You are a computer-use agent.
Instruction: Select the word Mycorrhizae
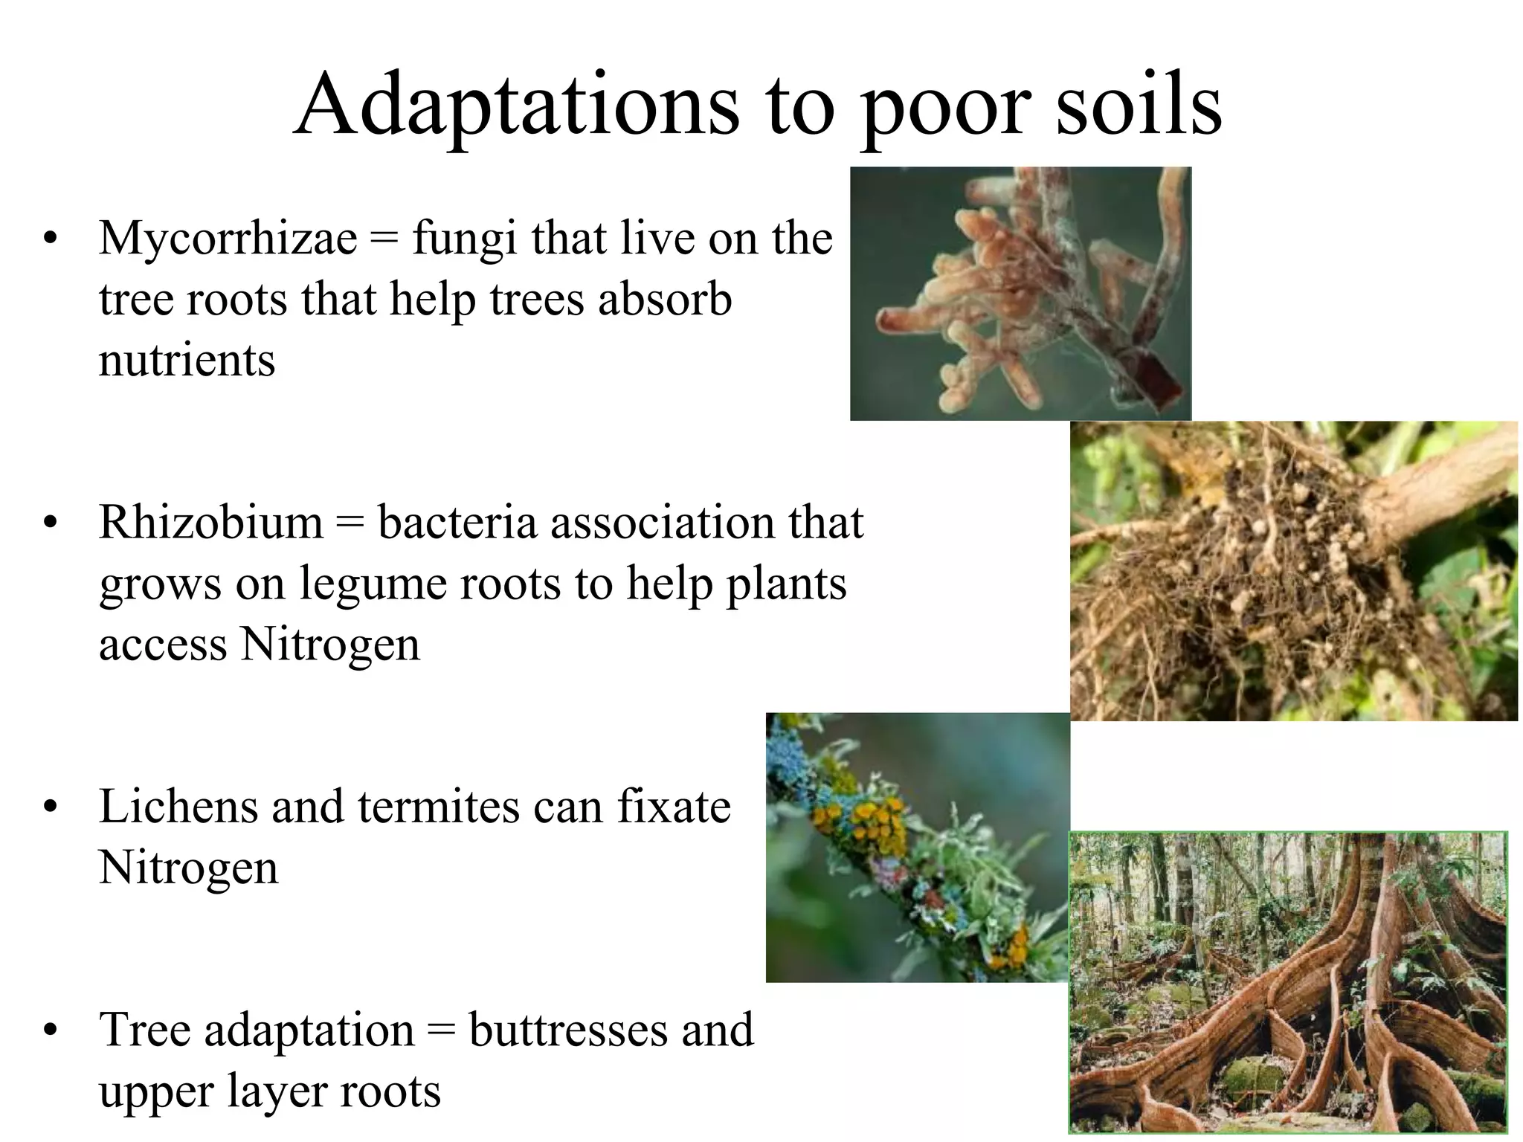(228, 239)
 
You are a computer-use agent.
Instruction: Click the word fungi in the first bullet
(463, 240)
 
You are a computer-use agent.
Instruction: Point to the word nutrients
(187, 361)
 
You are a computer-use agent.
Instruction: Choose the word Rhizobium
(211, 523)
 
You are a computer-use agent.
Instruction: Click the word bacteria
(457, 523)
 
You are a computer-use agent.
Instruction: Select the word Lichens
(177, 807)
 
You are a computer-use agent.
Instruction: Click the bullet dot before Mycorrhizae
(50, 240)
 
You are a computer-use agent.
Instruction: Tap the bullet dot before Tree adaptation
(50, 1032)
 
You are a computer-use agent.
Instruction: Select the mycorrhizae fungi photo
(1020, 294)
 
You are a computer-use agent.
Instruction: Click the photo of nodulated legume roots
(1293, 570)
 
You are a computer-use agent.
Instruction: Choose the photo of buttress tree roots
(1288, 981)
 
